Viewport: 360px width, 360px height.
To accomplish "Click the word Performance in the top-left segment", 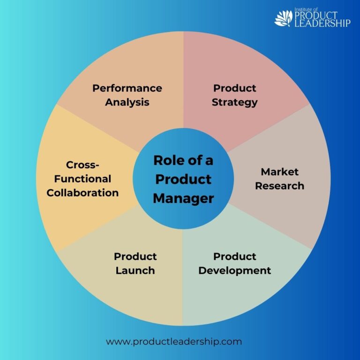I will click(x=127, y=88).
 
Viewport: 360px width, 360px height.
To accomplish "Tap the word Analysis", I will click(x=127, y=102).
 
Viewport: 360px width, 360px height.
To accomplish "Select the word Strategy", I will click(x=234, y=102).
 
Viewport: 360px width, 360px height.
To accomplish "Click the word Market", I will click(x=279, y=172).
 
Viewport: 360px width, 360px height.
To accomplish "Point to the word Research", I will click(x=279, y=186).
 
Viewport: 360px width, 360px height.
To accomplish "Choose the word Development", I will click(x=234, y=270).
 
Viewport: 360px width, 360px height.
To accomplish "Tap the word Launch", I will click(x=135, y=270).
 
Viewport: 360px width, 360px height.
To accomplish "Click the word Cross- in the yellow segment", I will click(x=82, y=165).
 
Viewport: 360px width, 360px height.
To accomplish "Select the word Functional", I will click(x=82, y=179).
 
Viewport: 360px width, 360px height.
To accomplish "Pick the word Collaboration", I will click(x=82, y=193).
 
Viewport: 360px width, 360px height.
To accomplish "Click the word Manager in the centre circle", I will click(x=183, y=198).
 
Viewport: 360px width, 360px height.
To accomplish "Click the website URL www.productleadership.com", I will click(x=174, y=341).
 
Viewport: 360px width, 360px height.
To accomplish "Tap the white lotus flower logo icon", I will click(x=283, y=18).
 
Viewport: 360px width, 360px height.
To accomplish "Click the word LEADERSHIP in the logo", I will click(x=322, y=23).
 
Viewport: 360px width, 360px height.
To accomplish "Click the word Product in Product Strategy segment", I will click(x=234, y=88).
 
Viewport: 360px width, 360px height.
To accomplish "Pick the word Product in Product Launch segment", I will click(x=135, y=256).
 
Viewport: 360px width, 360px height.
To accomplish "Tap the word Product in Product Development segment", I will click(x=234, y=256).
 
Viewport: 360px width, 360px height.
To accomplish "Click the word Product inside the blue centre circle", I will click(x=183, y=179).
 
